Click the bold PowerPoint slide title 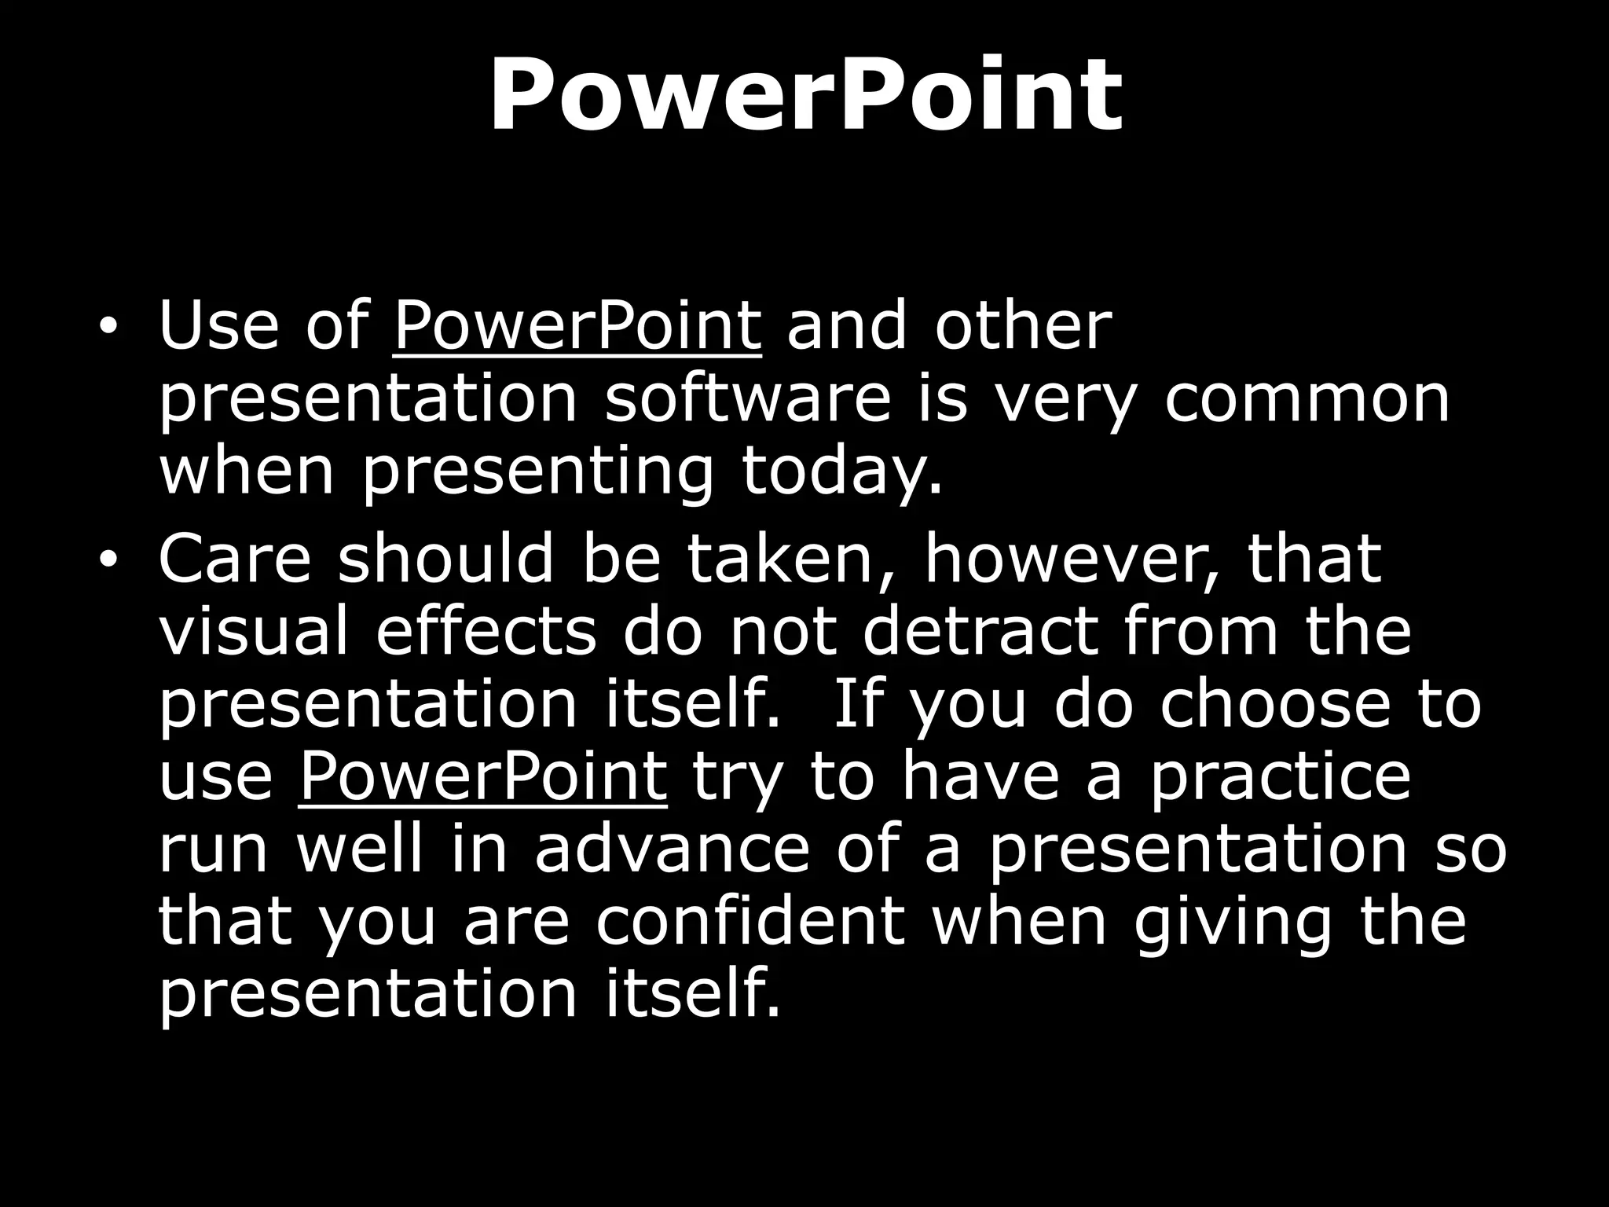805,96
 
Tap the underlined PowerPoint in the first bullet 577,327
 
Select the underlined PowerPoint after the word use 482,776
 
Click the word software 748,399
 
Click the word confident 750,923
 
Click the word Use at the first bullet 218,327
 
